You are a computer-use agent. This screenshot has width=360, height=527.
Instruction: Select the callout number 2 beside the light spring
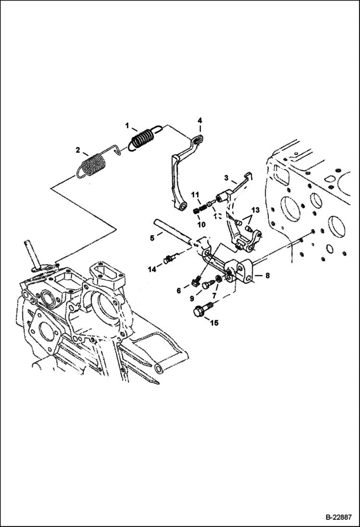78,150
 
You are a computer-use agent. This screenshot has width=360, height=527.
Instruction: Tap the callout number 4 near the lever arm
200,121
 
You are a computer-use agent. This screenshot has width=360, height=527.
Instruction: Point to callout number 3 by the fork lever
226,178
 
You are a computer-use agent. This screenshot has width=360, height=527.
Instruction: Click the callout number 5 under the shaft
152,237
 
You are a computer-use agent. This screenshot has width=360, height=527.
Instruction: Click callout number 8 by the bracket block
267,275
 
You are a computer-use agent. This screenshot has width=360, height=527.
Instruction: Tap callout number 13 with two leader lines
255,209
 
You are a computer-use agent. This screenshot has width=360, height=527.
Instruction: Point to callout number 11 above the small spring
195,194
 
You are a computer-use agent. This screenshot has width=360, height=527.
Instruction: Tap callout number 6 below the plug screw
179,290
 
